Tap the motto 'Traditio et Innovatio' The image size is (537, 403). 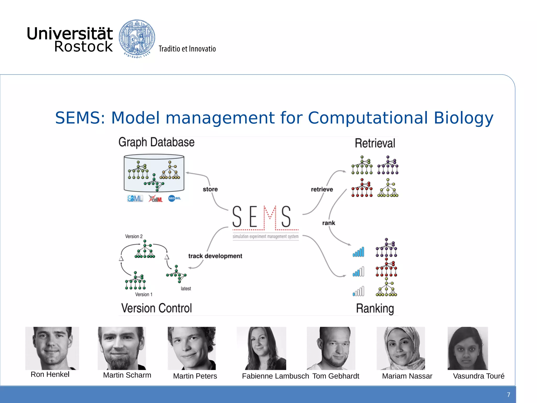[x=187, y=49]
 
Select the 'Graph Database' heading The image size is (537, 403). [x=156, y=142]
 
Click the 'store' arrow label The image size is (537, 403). [x=210, y=189]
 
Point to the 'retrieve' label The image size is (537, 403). [x=322, y=189]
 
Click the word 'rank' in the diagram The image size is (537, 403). [x=329, y=223]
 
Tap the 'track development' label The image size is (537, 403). [x=215, y=256]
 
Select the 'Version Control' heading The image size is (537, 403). [x=157, y=308]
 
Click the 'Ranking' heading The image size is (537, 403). [x=375, y=309]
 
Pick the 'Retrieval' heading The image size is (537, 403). [x=375, y=143]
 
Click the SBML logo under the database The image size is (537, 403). [x=135, y=199]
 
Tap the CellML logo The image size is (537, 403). [x=155, y=199]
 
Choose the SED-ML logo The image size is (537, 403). [x=174, y=198]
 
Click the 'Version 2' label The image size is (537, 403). [x=134, y=236]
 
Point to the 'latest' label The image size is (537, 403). [x=186, y=289]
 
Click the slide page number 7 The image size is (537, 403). [x=508, y=395]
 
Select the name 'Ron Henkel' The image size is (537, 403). [x=50, y=374]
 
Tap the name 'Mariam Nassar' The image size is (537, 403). [x=407, y=376]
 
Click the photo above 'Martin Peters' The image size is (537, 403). [x=192, y=348]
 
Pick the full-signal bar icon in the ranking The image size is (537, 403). [x=358, y=252]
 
